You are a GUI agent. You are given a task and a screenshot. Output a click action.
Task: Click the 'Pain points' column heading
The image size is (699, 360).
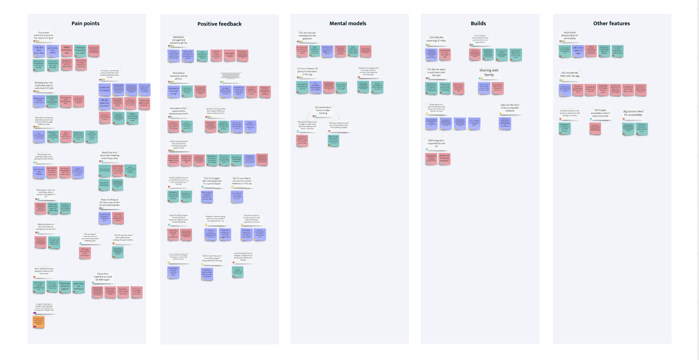point(86,23)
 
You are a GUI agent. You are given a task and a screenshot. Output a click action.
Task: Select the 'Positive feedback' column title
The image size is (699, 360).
point(219,24)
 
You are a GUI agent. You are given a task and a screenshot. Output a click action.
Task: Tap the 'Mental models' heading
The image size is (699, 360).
point(348,23)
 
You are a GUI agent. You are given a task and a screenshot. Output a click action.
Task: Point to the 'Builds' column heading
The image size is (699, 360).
point(478,23)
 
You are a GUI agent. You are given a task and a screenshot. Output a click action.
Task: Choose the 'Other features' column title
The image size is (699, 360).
point(611,23)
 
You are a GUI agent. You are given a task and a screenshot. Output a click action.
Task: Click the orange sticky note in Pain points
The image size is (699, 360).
point(39,322)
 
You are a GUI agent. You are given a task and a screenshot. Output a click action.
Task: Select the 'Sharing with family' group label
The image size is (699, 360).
point(489,72)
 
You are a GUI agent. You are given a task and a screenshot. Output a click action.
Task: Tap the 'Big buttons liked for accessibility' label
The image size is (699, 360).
point(633,113)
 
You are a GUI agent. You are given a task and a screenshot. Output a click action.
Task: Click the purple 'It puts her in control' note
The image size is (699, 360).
point(105,89)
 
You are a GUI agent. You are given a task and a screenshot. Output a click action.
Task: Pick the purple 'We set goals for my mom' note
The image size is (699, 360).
point(104,103)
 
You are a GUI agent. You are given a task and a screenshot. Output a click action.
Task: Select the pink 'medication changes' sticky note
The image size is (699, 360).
point(229,55)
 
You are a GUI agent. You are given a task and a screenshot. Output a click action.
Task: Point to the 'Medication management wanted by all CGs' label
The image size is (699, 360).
point(179,40)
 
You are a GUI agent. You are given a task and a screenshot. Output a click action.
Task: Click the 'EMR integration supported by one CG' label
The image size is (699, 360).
point(436,143)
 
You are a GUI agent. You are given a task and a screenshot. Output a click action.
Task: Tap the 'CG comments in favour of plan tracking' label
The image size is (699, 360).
point(323,110)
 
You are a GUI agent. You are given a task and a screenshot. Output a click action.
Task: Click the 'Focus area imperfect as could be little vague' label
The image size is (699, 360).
point(103,277)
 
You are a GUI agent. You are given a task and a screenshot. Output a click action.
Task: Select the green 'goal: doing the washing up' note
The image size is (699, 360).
point(79,286)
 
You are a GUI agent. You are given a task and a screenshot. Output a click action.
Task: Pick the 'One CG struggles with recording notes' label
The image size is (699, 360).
point(212,181)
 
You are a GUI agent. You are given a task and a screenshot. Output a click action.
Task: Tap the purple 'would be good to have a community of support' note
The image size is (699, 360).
point(207,274)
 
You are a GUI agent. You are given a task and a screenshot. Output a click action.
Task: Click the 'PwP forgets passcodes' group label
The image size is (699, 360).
point(600,113)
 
